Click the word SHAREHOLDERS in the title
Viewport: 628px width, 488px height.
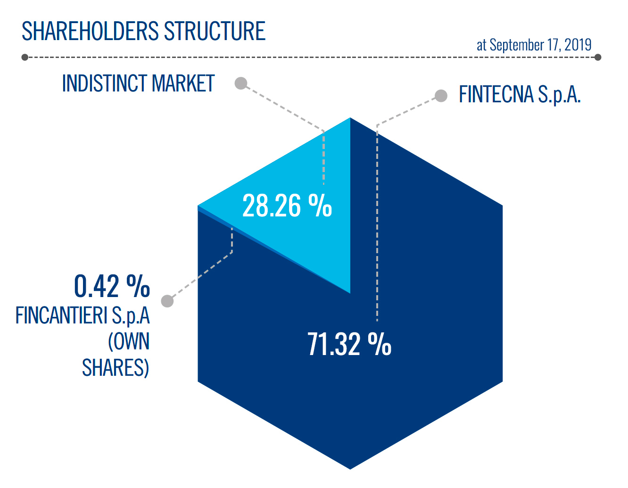pos(90,31)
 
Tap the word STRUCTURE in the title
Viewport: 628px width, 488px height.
pos(215,31)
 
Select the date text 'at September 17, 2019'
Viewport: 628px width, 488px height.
pos(534,45)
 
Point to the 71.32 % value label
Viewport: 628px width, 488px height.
pos(349,344)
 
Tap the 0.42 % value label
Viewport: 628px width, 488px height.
pos(112,286)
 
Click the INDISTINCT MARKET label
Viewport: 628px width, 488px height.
pos(138,83)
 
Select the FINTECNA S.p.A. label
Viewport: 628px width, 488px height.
pos(520,94)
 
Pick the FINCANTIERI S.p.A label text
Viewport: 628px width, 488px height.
pos(83,315)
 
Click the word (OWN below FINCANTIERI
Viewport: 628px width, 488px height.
pos(129,341)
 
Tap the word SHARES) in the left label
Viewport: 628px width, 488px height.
pos(116,367)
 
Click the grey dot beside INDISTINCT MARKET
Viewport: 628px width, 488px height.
pos(241,83)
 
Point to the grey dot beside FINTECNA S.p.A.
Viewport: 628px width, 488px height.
pos(441,96)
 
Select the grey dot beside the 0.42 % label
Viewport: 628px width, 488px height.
pos(167,301)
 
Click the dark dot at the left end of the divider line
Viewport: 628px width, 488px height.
pos(25,57)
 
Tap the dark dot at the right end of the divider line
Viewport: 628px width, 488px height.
pos(598,57)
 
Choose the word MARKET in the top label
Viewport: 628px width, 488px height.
pos(183,83)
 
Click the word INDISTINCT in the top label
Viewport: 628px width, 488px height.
pos(104,83)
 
